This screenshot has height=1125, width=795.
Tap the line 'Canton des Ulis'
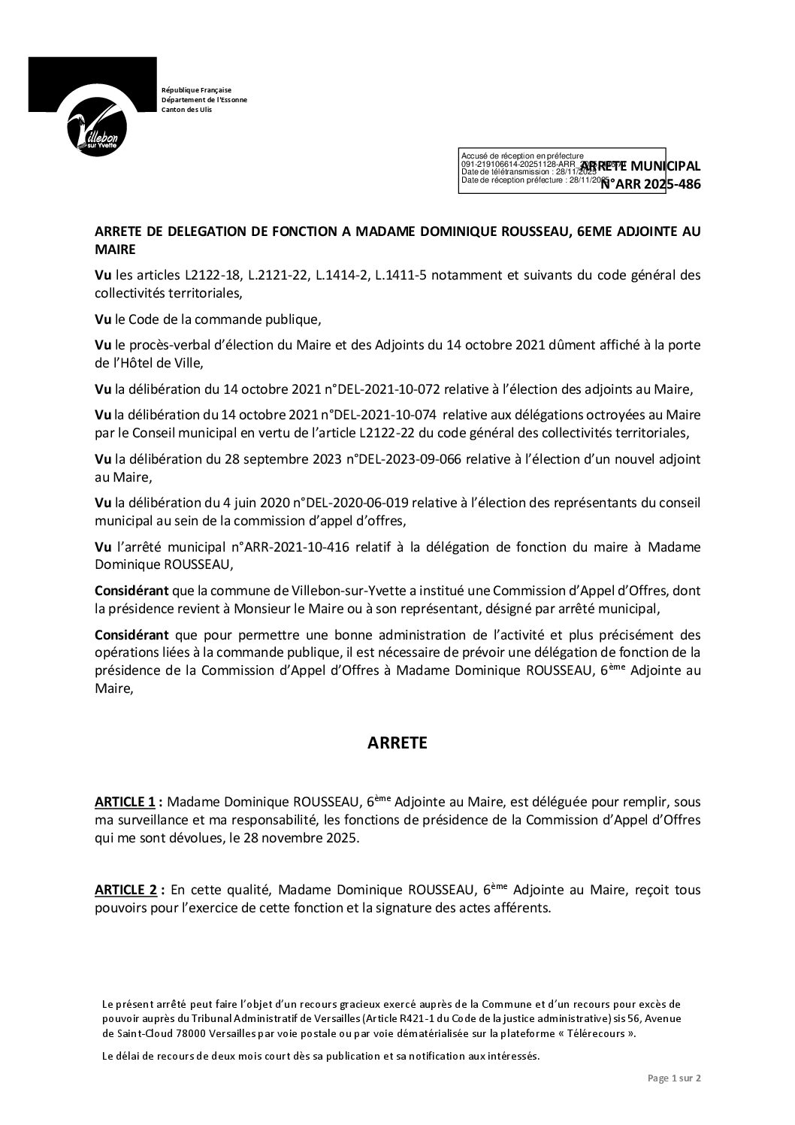click(187, 110)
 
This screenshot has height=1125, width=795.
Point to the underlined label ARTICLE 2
click(125, 891)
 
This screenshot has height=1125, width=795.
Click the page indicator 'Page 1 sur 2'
click(674, 1078)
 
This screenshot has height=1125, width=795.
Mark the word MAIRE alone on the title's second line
click(116, 248)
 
